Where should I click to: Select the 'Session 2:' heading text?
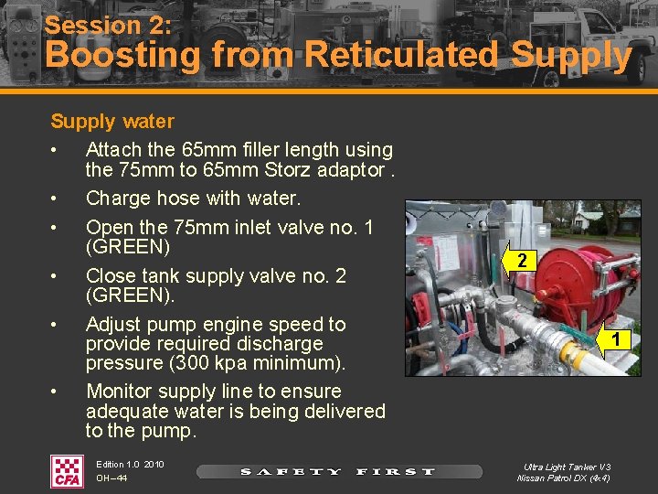(110, 25)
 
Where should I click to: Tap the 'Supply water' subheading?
(111, 121)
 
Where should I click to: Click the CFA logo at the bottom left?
(66, 471)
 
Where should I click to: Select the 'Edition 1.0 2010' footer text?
(130, 465)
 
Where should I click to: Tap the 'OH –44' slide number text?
(111, 478)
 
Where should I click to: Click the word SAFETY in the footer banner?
(290, 472)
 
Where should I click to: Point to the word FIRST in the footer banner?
(396, 472)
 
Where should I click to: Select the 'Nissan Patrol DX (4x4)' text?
(564, 478)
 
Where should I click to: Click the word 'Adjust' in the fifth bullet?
(115, 324)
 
